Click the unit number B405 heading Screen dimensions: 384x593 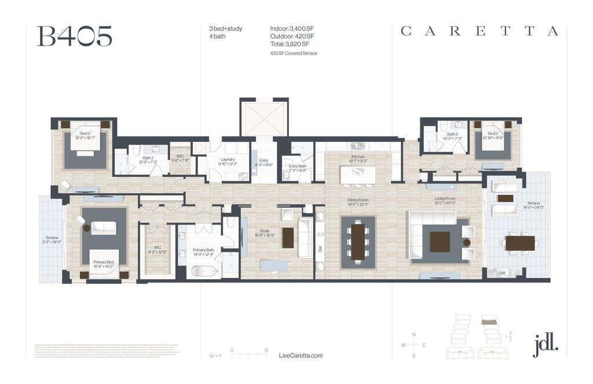74,36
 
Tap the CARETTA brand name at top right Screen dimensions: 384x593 479,31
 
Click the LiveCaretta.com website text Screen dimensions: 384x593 301,356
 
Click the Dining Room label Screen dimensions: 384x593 358,201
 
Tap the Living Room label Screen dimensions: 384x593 445,201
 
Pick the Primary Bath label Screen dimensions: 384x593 204,251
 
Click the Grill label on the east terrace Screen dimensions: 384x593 502,273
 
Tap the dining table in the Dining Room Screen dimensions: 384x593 358,242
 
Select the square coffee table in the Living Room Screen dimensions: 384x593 440,242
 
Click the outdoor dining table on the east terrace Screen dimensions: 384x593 519,243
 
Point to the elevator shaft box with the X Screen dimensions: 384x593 263,118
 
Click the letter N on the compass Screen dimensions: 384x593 413,335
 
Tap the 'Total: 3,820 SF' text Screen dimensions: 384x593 290,44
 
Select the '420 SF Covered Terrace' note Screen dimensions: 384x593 294,53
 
